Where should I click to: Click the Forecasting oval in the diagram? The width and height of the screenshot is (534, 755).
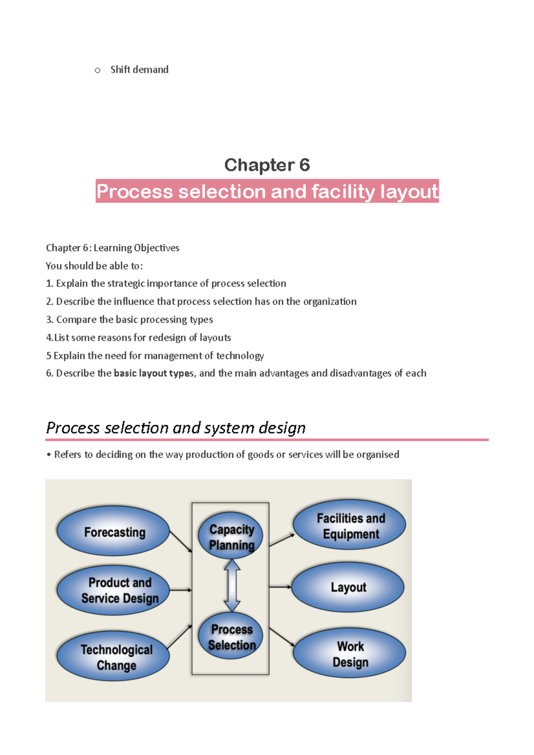pos(113,531)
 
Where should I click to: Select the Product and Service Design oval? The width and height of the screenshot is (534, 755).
pos(113,590)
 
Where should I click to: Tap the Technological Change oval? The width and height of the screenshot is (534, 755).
pos(113,656)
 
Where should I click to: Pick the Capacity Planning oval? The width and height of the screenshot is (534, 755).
pos(231,536)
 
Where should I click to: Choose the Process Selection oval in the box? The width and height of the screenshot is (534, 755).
pos(231,636)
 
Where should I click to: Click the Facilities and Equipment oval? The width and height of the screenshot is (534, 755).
pos(349,525)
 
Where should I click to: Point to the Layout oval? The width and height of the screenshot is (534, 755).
pos(348,587)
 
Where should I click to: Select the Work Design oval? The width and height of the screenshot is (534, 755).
pos(349,653)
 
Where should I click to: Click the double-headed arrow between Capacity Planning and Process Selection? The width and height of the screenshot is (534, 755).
pos(232,585)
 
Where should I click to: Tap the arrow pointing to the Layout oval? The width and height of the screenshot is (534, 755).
pos(280,587)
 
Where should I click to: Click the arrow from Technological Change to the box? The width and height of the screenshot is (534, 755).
pos(179,637)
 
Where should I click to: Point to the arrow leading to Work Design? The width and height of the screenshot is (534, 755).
pos(282,637)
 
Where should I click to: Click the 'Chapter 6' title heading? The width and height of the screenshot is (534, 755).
pos(267,165)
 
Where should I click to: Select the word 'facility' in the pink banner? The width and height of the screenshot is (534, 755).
pos(343,192)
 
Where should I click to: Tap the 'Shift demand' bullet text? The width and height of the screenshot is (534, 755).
pos(139,70)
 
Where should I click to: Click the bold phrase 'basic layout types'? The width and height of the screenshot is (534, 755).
pos(154,373)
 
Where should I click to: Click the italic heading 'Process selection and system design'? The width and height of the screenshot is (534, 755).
pos(176,428)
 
